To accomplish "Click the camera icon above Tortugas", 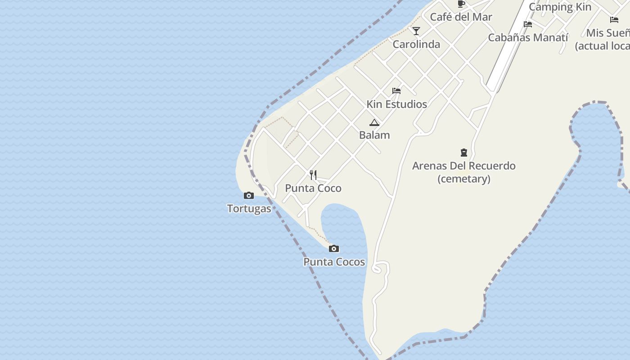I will pyautogui.click(x=248, y=195).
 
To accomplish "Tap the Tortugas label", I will pyautogui.click(x=249, y=209).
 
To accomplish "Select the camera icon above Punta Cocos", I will pyautogui.click(x=333, y=248).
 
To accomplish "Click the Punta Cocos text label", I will pyautogui.click(x=334, y=262).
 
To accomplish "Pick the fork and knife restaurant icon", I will pyautogui.click(x=313, y=175).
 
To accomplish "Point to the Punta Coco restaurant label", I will pyautogui.click(x=313, y=188).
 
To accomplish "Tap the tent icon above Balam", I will pyautogui.click(x=374, y=122).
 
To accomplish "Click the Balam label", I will pyautogui.click(x=374, y=135).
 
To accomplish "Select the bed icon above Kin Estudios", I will pyautogui.click(x=396, y=91).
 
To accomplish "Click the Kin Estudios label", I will pyautogui.click(x=396, y=104).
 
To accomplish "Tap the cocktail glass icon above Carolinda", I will pyautogui.click(x=416, y=31).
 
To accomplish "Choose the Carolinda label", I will pyautogui.click(x=416, y=44).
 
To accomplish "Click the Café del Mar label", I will pyautogui.click(x=461, y=17).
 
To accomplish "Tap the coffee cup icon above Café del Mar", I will pyautogui.click(x=461, y=4).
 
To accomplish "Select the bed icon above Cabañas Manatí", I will pyautogui.click(x=528, y=24).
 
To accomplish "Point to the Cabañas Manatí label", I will pyautogui.click(x=528, y=37).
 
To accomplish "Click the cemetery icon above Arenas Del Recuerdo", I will pyautogui.click(x=464, y=153).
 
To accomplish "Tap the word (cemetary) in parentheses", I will pyautogui.click(x=464, y=179).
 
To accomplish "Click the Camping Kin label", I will pyautogui.click(x=560, y=7).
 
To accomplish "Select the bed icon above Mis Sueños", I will pyautogui.click(x=614, y=19).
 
